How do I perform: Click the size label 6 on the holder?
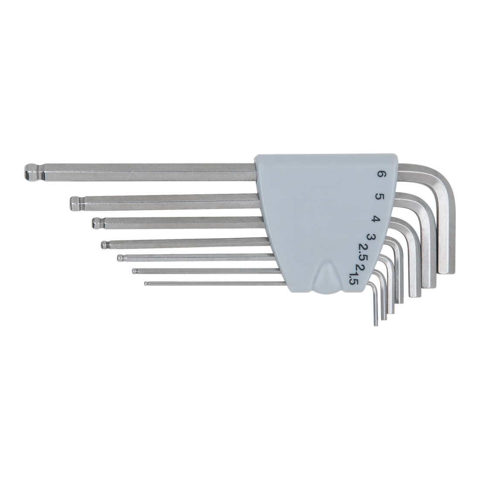click(x=382, y=175)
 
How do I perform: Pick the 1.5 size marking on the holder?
click(x=351, y=278)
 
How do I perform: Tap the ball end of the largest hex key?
click(x=31, y=172)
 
